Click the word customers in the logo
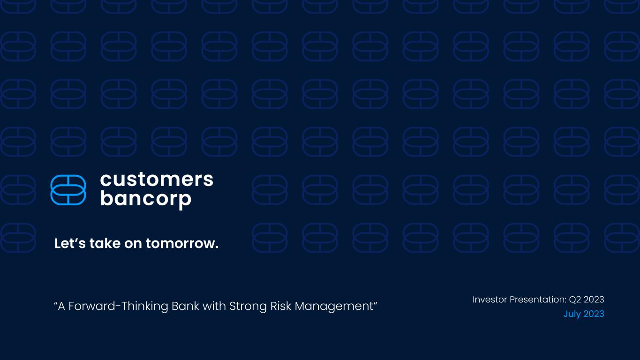pos(157,180)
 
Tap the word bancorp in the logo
pos(146,199)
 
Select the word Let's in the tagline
pos(70,243)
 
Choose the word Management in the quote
pos(334,307)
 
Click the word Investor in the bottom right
pos(489,300)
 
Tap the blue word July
pos(572,314)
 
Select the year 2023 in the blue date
pos(594,314)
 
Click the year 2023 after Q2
pos(594,300)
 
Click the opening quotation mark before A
pos(55,303)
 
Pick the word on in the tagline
pos(133,244)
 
